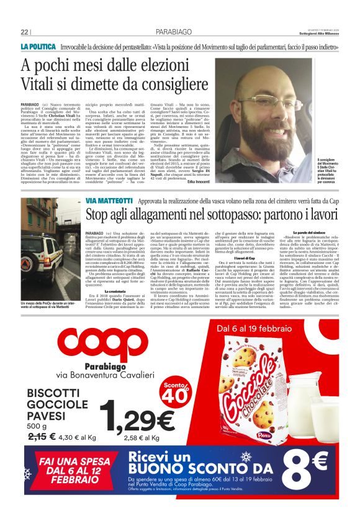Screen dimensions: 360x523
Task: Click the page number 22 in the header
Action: [24, 32]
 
